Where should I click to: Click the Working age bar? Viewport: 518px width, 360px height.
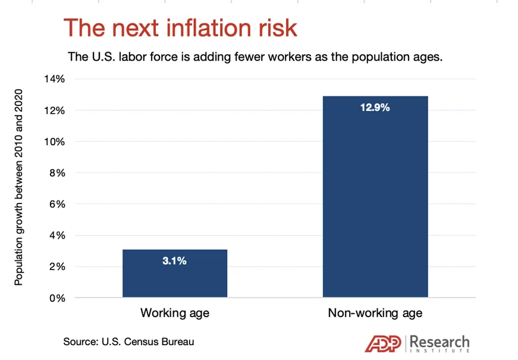point(175,273)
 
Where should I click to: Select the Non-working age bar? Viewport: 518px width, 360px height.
point(375,197)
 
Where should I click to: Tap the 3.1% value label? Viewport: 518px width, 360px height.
point(174,261)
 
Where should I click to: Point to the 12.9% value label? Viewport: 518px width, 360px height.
point(375,108)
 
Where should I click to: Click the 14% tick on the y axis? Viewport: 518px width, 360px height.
point(55,79)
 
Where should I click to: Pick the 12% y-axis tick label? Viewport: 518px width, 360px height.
point(55,111)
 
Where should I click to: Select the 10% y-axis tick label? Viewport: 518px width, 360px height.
point(55,142)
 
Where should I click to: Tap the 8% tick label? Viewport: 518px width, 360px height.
point(57,173)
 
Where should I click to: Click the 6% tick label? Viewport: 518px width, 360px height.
point(57,204)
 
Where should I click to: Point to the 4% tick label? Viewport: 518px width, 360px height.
point(57,236)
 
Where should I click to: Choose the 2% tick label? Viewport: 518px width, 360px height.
point(57,267)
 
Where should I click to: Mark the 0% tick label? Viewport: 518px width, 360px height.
point(57,298)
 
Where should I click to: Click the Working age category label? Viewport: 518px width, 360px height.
point(175,313)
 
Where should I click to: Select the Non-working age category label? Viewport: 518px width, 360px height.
point(375,313)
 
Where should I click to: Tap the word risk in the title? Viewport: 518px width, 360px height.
point(278,27)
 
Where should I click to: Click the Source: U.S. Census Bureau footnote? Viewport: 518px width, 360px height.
point(128,342)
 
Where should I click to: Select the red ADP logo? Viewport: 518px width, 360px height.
point(383,343)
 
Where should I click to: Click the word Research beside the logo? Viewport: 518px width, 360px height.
point(439,342)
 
